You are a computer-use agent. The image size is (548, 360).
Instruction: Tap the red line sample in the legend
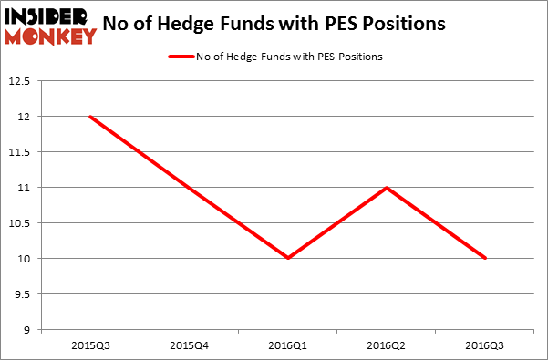[181, 57]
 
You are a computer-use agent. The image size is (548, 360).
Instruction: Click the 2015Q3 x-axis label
[91, 346]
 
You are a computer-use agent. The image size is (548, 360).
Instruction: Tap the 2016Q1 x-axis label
[288, 346]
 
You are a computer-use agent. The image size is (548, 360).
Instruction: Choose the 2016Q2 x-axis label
[388, 346]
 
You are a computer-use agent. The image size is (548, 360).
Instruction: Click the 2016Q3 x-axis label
[485, 346]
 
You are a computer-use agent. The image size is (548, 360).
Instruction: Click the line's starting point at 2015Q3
[90, 117]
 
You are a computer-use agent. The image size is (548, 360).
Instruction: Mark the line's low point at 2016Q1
[288, 258]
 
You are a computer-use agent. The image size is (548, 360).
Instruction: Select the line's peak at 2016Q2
[388, 188]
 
